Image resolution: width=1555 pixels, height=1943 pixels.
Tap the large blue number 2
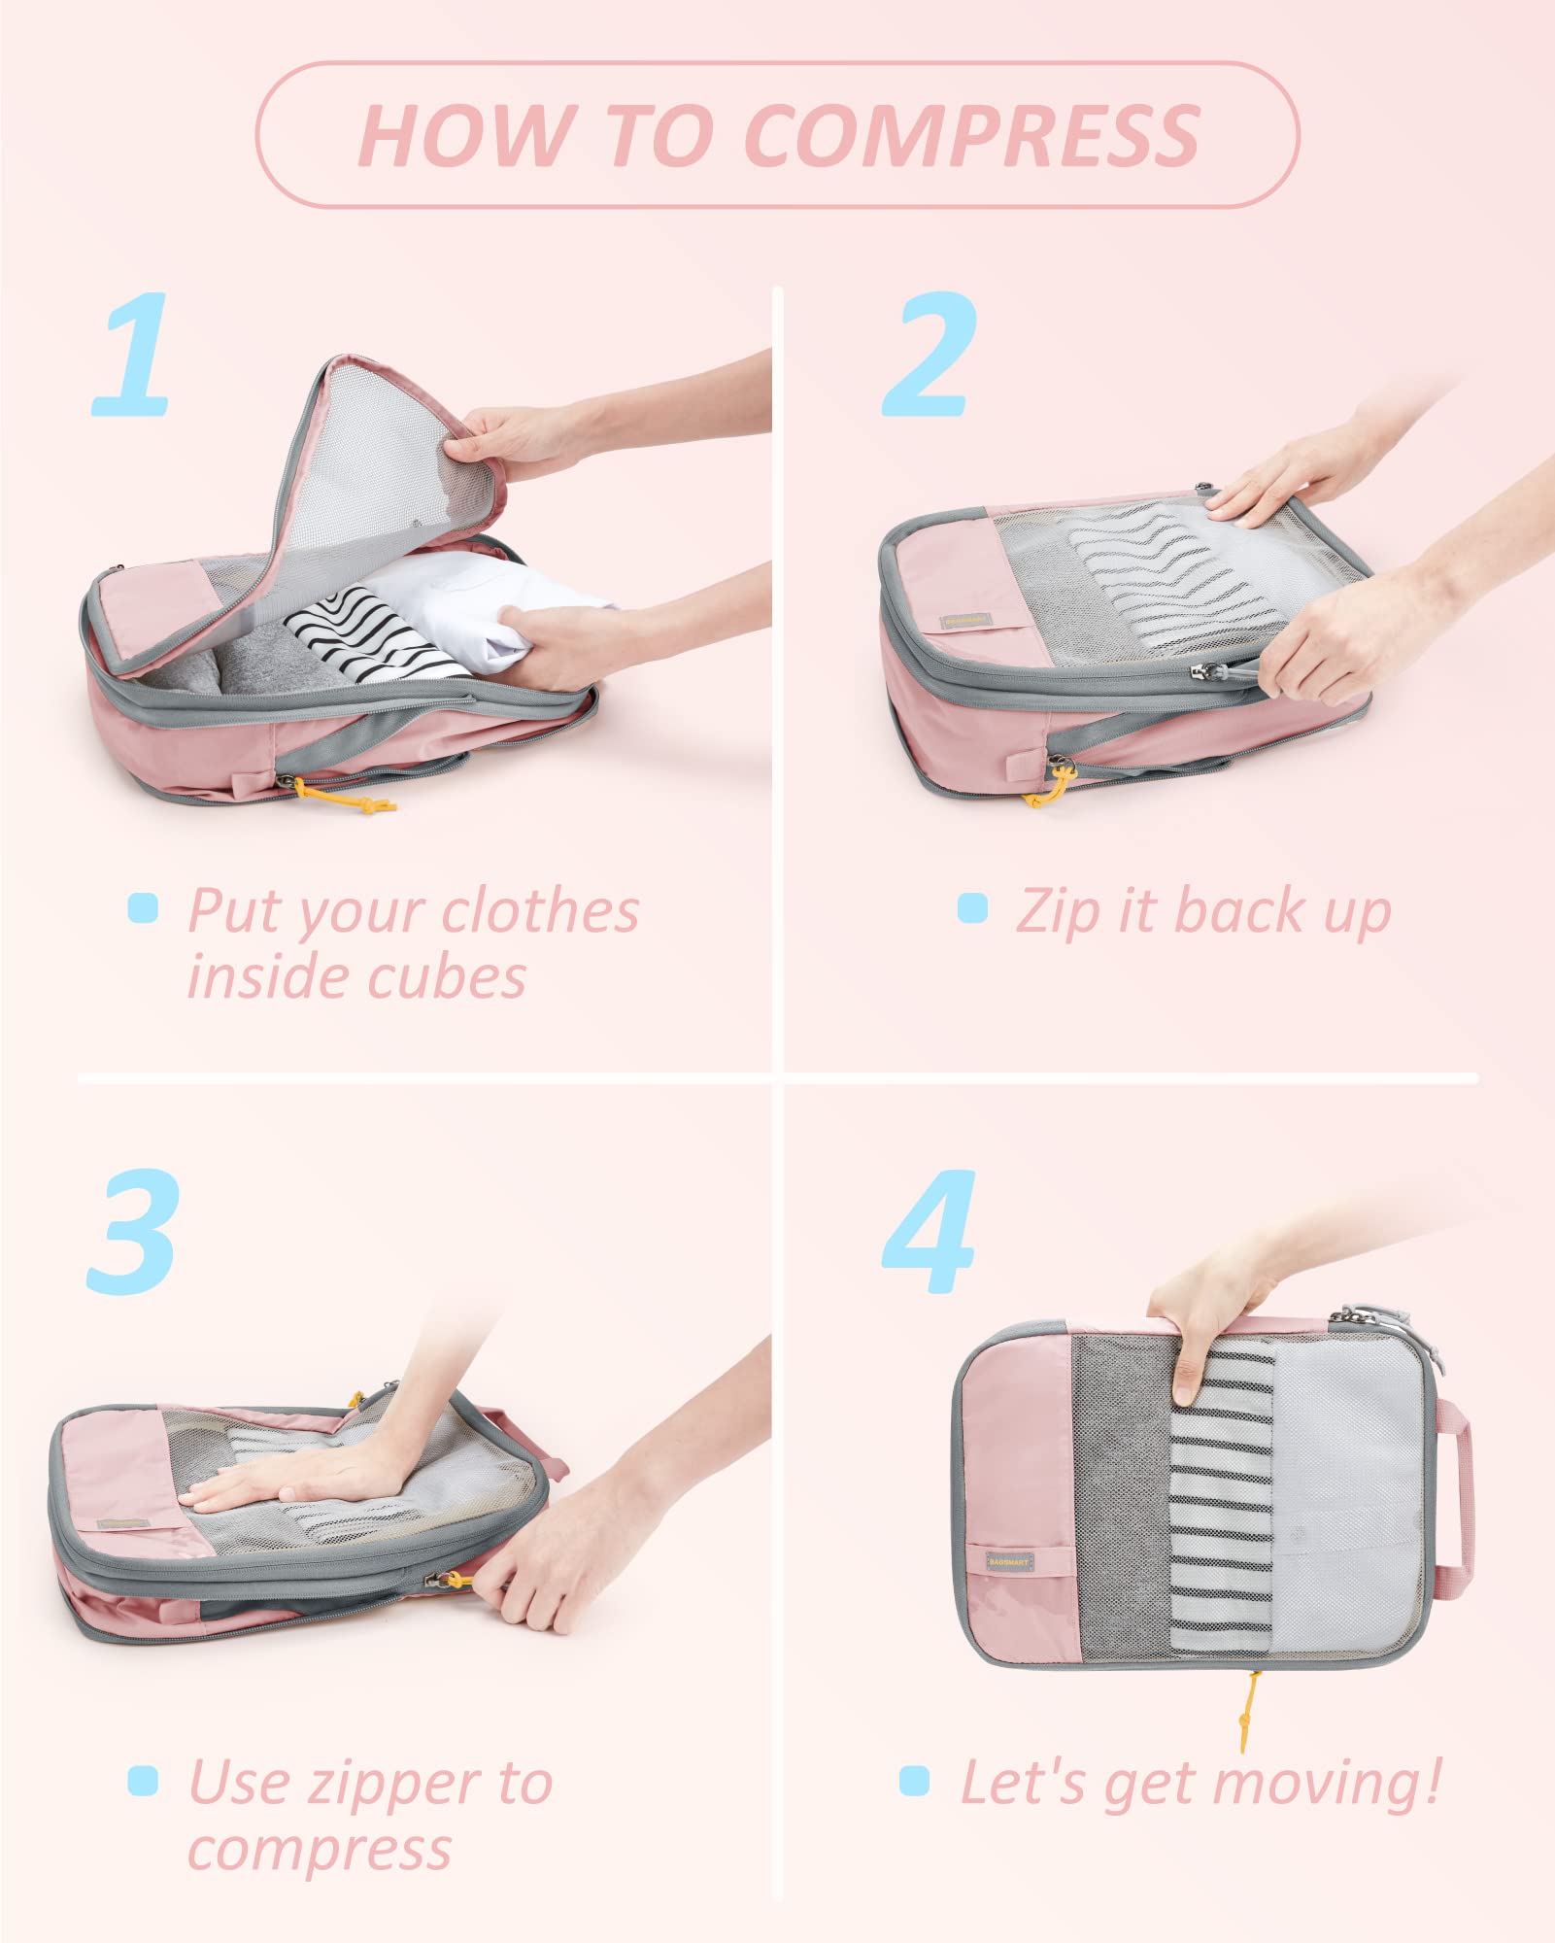click(x=928, y=356)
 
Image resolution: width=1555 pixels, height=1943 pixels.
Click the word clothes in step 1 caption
click(x=540, y=911)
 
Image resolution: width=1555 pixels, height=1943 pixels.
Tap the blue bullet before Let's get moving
click(x=914, y=1782)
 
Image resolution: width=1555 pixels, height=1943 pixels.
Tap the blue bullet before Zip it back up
click(x=971, y=908)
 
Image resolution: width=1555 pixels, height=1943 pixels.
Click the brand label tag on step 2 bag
click(x=963, y=621)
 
